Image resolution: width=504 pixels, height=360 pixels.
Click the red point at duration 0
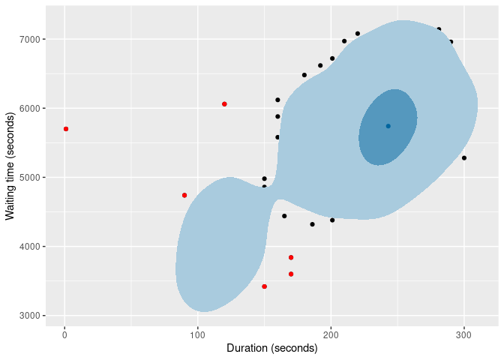pos(66,129)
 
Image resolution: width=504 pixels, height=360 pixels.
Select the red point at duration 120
pos(224,103)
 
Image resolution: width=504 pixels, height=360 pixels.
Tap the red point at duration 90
pos(184,195)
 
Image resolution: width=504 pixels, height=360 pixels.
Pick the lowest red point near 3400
pos(265,286)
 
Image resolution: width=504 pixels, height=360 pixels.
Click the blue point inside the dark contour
pos(388,126)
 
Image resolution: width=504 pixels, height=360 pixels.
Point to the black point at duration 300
pos(464,158)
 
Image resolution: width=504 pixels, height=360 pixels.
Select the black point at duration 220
pos(358,34)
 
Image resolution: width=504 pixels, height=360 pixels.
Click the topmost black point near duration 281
pos(439,29)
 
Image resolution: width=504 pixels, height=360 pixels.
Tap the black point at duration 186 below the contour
pos(313,224)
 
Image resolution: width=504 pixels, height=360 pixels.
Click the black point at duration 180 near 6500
pos(304,75)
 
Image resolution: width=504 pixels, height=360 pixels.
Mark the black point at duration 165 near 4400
pos(284,216)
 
